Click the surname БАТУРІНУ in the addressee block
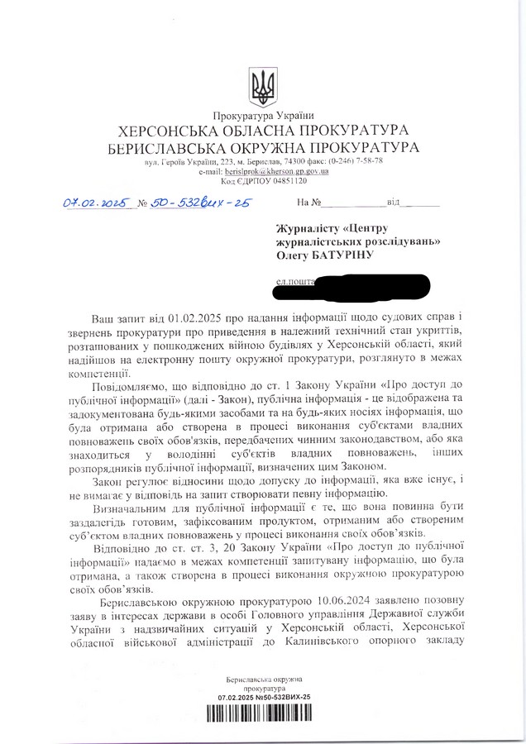point(336,256)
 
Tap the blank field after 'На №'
point(354,202)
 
